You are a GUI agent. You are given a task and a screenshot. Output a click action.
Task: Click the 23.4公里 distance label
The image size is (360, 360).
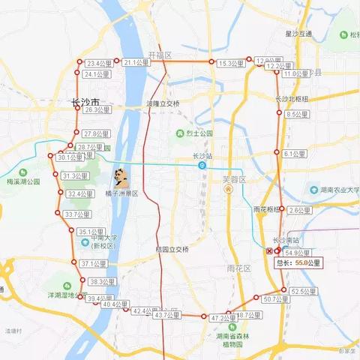tap(97, 64)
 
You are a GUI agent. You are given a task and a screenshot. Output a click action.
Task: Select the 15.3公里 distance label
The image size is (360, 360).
tap(231, 64)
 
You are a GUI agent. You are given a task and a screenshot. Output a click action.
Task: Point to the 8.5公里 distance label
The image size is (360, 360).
tap(296, 115)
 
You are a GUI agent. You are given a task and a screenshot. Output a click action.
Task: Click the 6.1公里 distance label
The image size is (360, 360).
tap(295, 154)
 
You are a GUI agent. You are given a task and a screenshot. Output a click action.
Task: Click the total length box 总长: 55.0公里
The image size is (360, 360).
tap(298, 263)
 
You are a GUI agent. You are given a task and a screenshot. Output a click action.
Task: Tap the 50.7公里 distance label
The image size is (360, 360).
tap(276, 299)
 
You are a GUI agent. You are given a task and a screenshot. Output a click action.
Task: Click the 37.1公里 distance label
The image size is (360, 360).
tap(94, 264)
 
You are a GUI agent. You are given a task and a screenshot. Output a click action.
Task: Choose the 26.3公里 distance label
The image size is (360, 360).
tap(97, 110)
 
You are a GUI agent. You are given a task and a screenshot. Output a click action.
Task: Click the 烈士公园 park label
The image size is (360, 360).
tap(199, 133)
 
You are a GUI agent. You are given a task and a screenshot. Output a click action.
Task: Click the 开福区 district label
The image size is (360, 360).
tap(160, 55)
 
